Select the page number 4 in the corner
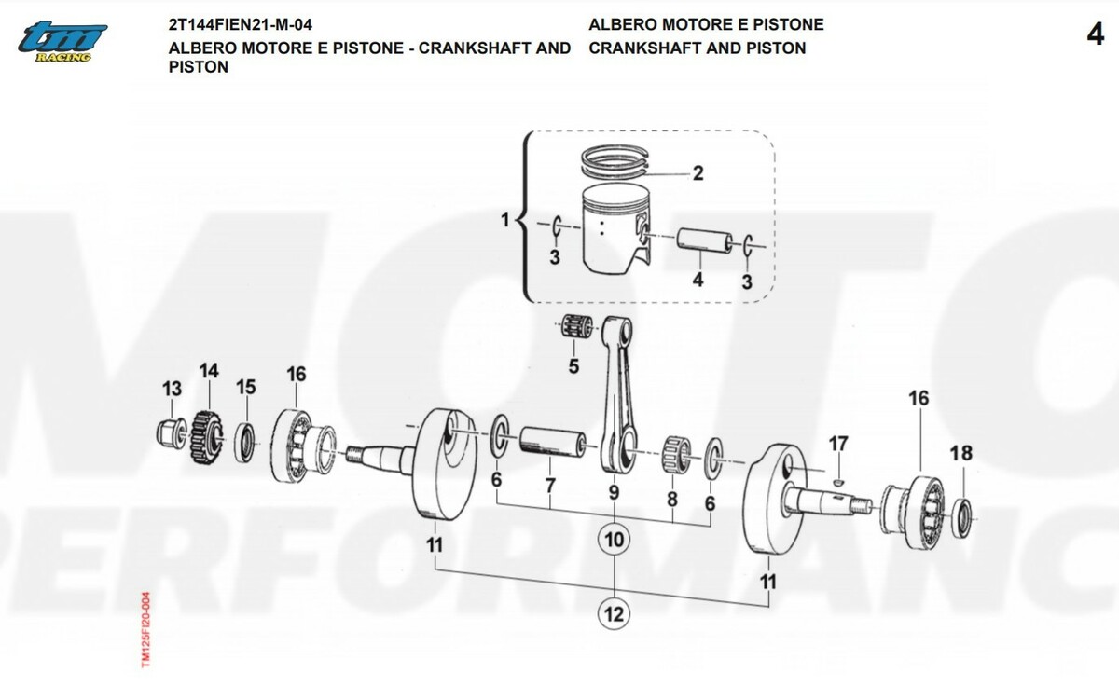(1096, 34)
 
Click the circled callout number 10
(614, 540)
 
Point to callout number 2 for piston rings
(698, 173)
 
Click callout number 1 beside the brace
(506, 221)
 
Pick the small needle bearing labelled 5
(577, 329)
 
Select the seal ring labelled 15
(246, 441)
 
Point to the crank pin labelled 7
(552, 443)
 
